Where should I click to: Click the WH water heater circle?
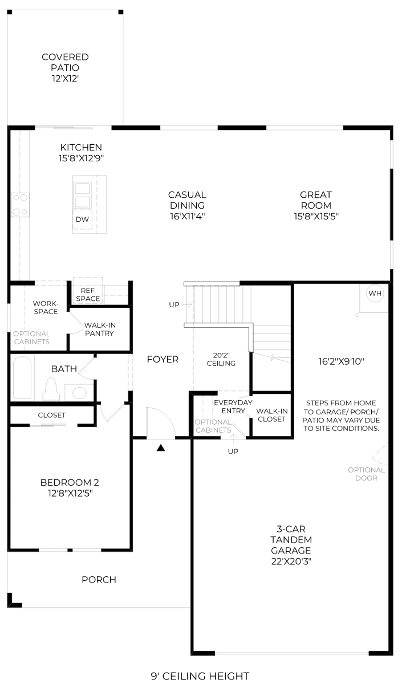pyautogui.click(x=375, y=293)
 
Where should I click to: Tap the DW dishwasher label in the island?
pyautogui.click(x=82, y=219)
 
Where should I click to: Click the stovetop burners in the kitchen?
pyautogui.click(x=20, y=205)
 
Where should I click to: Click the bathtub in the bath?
pyautogui.click(x=22, y=377)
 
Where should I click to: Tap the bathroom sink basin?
pyautogui.click(x=80, y=393)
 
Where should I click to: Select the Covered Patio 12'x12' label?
pyautogui.click(x=65, y=68)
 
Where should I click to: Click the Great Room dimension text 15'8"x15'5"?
pyautogui.click(x=316, y=216)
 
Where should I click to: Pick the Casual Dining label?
pyautogui.click(x=187, y=200)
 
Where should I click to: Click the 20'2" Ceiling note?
pyautogui.click(x=221, y=359)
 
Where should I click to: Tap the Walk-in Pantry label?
pyautogui.click(x=100, y=329)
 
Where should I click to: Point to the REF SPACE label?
pyautogui.click(x=88, y=295)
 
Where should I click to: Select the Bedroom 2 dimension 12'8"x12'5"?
pyautogui.click(x=70, y=493)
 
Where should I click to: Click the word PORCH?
pyautogui.click(x=99, y=580)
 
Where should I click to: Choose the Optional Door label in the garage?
pyautogui.click(x=366, y=474)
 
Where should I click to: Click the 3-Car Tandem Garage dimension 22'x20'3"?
pyautogui.click(x=291, y=561)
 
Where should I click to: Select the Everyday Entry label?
pyautogui.click(x=233, y=406)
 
